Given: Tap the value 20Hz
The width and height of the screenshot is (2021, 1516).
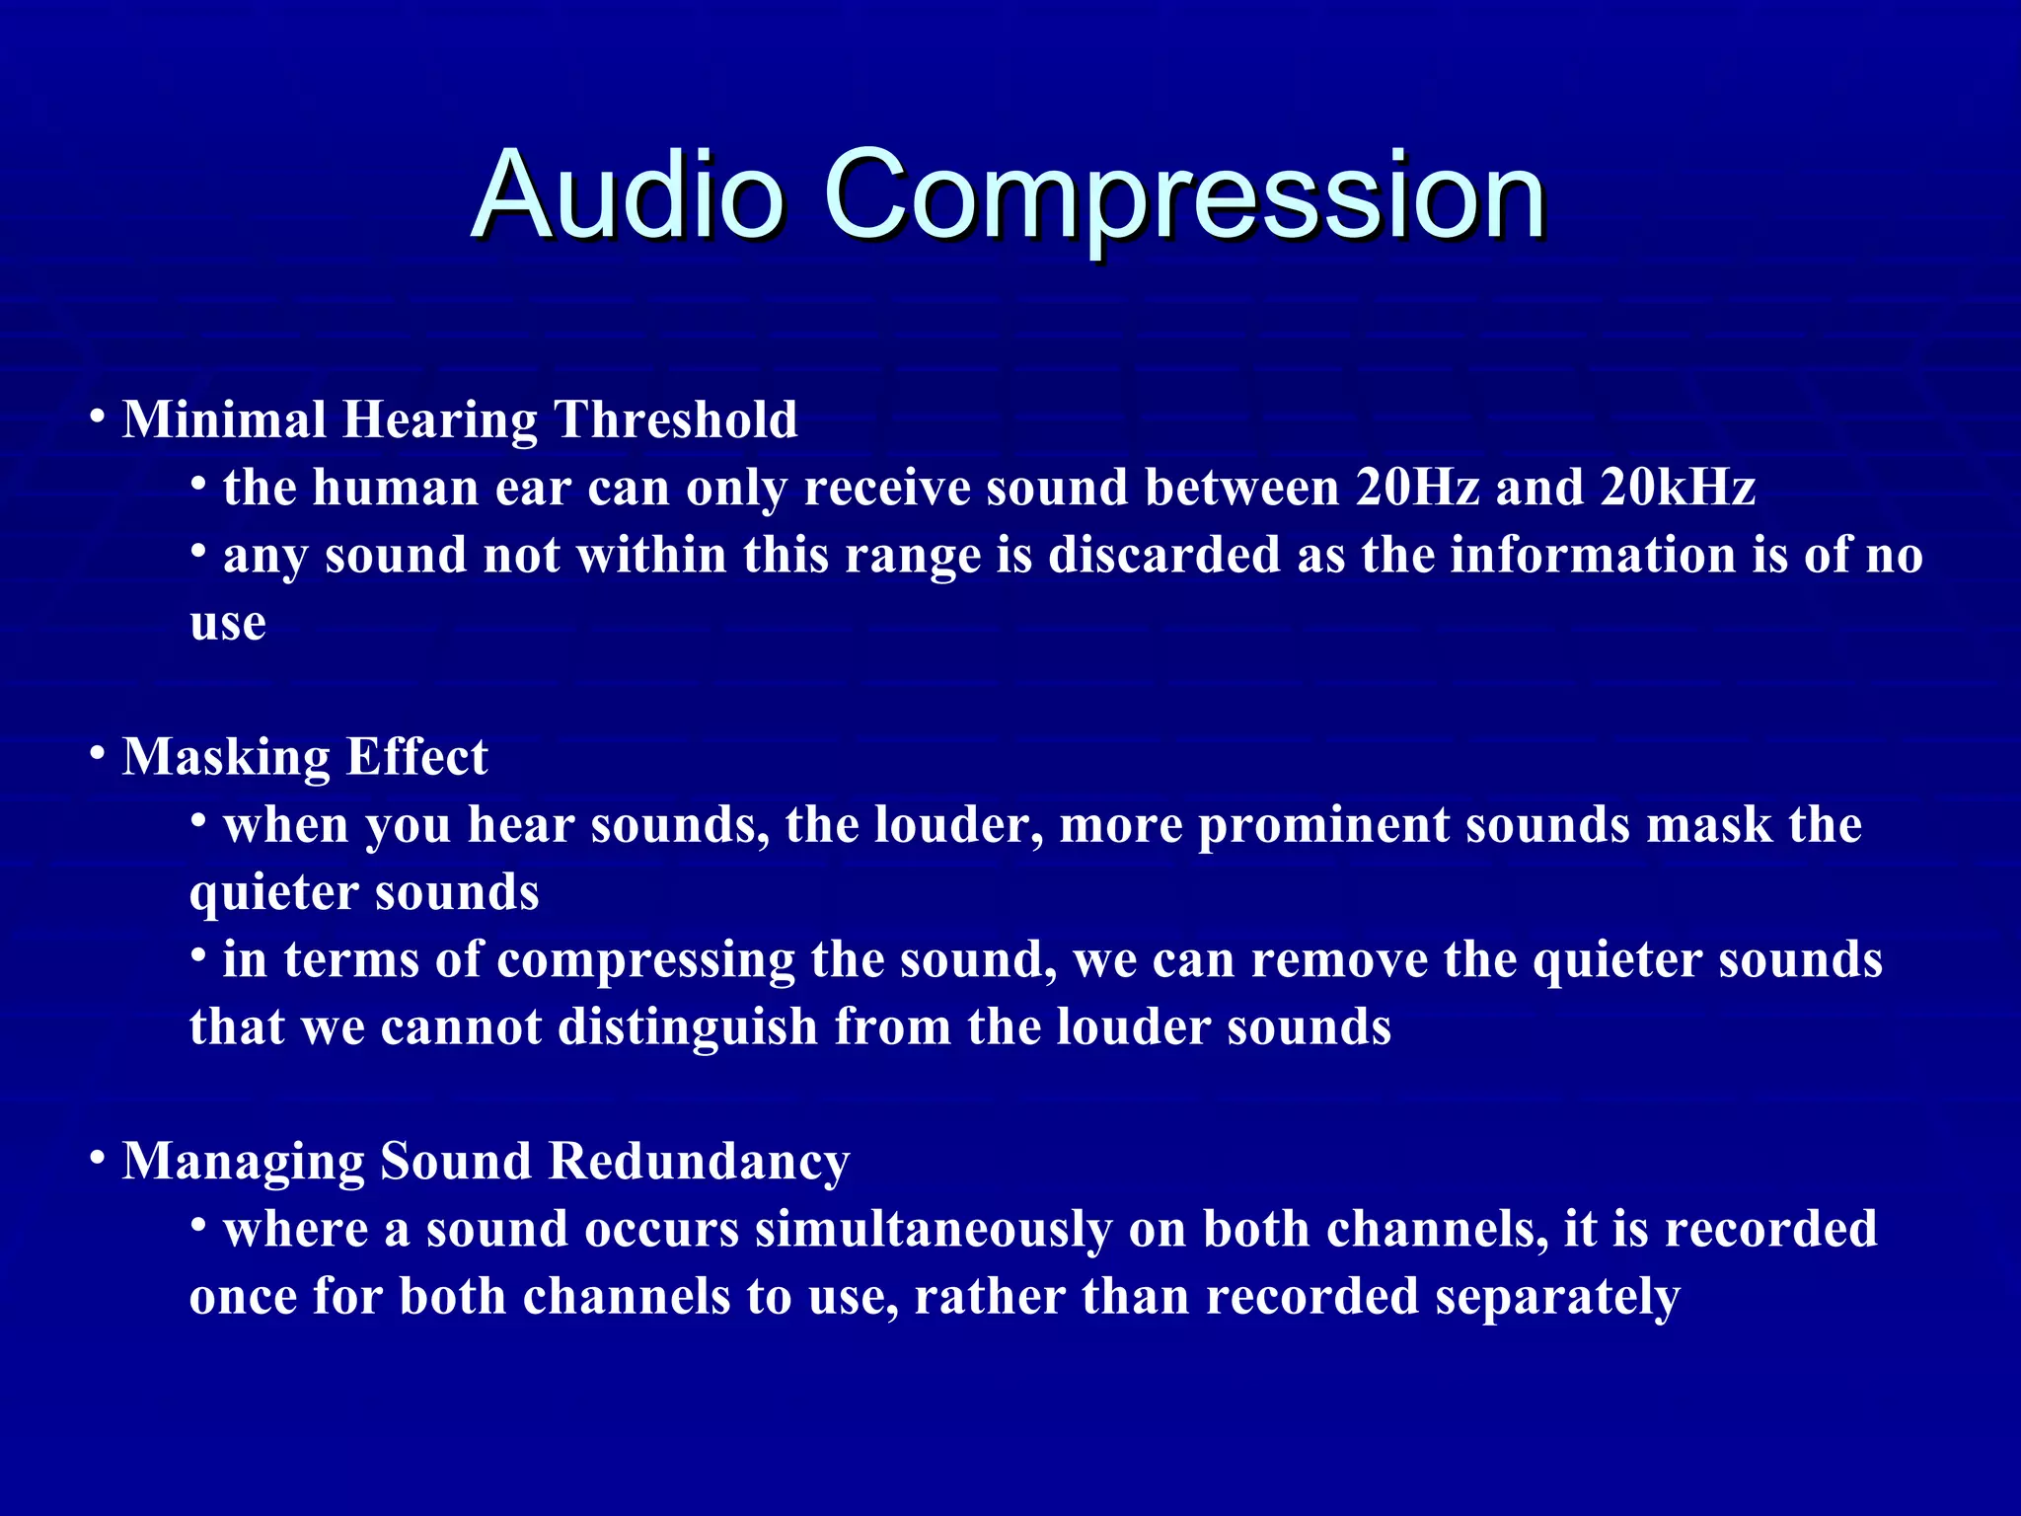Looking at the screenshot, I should (1417, 488).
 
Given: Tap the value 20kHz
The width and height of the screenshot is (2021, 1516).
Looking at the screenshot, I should (1678, 488).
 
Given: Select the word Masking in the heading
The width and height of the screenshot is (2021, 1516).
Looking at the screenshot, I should (226, 758).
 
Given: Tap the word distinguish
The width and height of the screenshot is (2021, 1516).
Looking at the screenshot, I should (688, 1027).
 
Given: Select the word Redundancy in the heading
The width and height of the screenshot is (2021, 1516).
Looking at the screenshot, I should (699, 1162).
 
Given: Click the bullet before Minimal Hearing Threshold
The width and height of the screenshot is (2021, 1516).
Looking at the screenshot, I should (97, 416).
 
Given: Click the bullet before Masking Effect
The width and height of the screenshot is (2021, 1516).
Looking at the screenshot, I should (97, 753).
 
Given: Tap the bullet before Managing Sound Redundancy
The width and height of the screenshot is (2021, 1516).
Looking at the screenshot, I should (97, 1157).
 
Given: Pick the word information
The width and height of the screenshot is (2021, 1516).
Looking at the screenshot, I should (1593, 555).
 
